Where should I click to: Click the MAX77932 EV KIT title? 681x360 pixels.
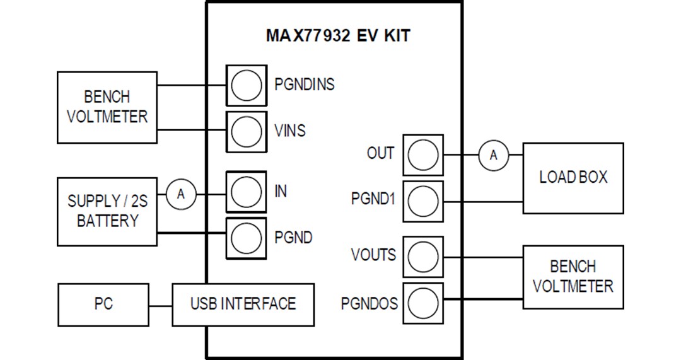tap(337, 35)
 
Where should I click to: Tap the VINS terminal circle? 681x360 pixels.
tap(245, 131)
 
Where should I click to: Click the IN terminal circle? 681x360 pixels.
tap(245, 191)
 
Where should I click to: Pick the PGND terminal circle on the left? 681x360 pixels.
tap(245, 237)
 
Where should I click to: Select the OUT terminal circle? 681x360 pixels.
tap(422, 154)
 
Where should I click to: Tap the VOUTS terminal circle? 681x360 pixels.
tap(422, 256)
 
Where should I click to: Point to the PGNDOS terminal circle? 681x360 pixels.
tap(422, 303)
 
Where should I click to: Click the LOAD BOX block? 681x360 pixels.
tap(573, 178)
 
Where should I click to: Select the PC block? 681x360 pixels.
tap(103, 305)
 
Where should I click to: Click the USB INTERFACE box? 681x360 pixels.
tap(243, 305)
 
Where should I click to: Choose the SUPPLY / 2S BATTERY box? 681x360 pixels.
tap(107, 211)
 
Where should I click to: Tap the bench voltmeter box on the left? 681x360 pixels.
tap(107, 107)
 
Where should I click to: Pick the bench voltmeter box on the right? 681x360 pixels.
tap(573, 277)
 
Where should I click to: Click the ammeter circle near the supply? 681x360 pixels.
tap(181, 194)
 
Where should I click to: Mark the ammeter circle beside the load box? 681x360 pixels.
tap(494, 155)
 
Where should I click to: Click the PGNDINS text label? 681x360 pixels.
tap(304, 84)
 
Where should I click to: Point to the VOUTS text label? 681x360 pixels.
tap(373, 255)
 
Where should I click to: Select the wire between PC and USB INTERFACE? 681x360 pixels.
tap(161, 306)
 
